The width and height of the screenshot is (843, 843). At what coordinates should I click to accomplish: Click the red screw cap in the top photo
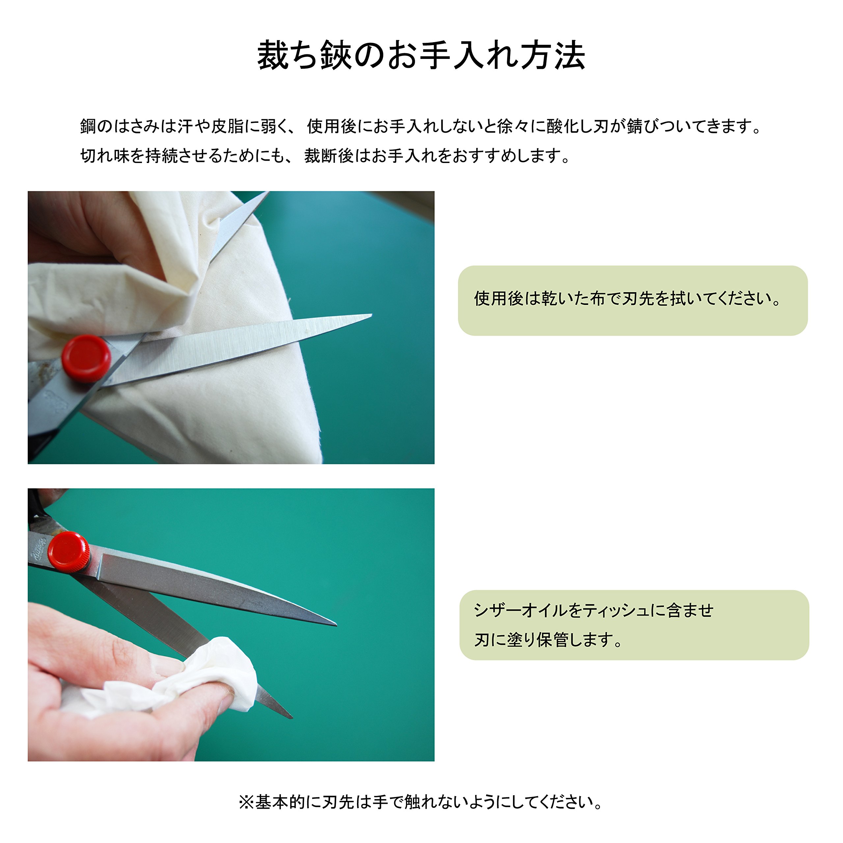click(86, 358)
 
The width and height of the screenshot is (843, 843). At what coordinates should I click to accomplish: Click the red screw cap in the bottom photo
click(68, 551)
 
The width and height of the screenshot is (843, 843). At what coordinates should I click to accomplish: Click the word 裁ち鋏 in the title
click(304, 55)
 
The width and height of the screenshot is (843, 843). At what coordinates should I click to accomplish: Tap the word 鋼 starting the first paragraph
click(87, 126)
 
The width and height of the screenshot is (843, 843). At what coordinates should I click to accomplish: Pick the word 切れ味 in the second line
click(104, 156)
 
